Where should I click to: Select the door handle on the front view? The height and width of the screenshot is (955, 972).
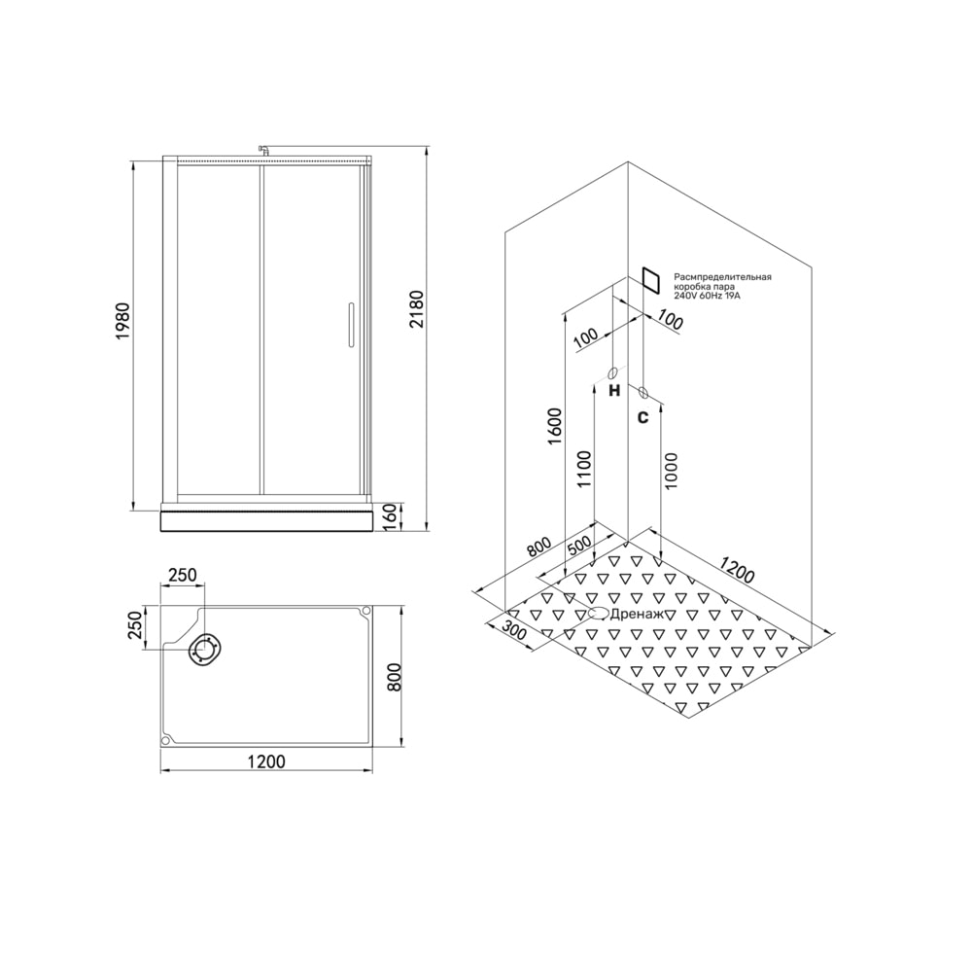click(350, 326)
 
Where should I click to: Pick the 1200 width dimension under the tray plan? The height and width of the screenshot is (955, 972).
click(266, 760)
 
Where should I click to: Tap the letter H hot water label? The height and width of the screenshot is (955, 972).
click(614, 391)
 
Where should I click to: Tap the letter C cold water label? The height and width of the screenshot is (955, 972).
click(642, 417)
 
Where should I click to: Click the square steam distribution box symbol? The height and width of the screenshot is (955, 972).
click(649, 281)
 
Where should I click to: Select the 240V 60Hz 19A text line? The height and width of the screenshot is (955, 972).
click(708, 297)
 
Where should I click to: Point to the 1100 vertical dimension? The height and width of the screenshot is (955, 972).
click(585, 470)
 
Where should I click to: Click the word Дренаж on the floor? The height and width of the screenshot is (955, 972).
click(638, 614)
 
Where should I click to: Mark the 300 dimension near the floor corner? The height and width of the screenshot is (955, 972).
click(513, 633)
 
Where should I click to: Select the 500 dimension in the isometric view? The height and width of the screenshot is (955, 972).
click(579, 546)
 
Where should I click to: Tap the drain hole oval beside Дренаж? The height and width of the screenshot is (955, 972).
click(598, 614)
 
